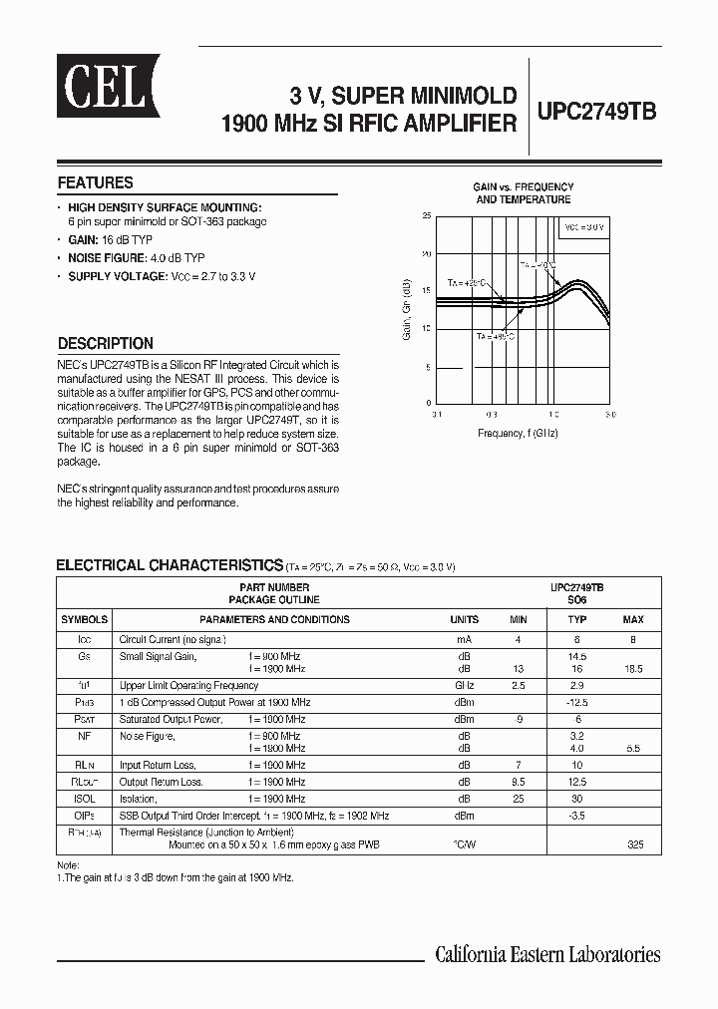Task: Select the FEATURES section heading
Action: pyautogui.click(x=95, y=183)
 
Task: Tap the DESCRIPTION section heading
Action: pyautogui.click(x=105, y=343)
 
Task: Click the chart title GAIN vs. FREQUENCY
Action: pyautogui.click(x=523, y=187)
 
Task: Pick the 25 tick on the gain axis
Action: pyautogui.click(x=427, y=215)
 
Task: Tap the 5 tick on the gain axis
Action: pyautogui.click(x=429, y=367)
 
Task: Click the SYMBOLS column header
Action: pyautogui.click(x=84, y=619)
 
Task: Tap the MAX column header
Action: pyautogui.click(x=633, y=619)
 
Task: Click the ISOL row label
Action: pyautogui.click(x=84, y=800)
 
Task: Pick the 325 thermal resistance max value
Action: pyautogui.click(x=635, y=844)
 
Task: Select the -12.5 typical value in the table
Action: pyautogui.click(x=576, y=702)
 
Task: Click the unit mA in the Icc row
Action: pyautogui.click(x=464, y=638)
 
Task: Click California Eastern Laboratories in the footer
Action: pyautogui.click(x=547, y=954)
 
